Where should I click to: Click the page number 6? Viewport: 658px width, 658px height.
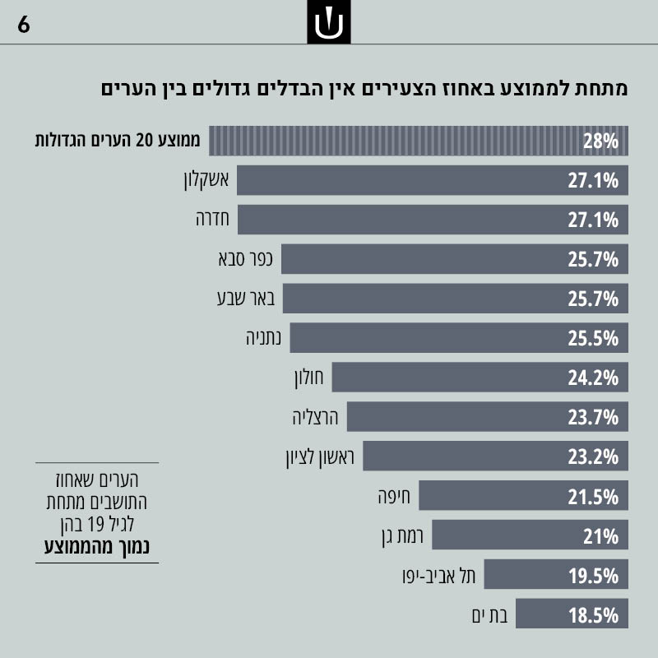[24, 25]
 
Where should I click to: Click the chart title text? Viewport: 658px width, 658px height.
[363, 89]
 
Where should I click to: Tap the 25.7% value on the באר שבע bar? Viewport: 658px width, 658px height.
[592, 299]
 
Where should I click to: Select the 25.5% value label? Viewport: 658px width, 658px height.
[592, 339]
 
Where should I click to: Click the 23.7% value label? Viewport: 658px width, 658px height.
[592, 418]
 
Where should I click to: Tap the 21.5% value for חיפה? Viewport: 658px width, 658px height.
[592, 497]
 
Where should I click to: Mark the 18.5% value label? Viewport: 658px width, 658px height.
[592, 615]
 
